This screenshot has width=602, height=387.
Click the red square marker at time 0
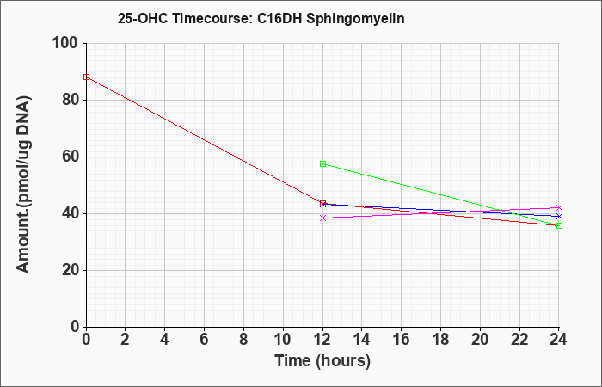pos(86,77)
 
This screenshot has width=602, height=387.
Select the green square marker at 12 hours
pos(322,164)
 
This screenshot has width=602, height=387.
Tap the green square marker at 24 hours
pos(559,225)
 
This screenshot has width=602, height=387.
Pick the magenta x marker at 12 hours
pos(322,218)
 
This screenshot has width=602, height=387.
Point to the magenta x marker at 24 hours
pos(559,207)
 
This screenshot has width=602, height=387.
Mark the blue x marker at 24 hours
pos(559,216)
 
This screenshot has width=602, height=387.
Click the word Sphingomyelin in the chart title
pos(355,19)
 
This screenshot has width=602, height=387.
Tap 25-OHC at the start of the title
pos(143,18)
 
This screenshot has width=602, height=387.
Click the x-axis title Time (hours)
pos(322,361)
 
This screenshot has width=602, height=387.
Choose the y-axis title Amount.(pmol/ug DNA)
pos(23,185)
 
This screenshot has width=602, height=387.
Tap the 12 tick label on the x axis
pos(322,340)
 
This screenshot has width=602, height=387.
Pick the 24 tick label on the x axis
pos(559,340)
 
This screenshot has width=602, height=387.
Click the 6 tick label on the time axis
pos(205,340)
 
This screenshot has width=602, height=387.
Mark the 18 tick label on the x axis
pos(440,340)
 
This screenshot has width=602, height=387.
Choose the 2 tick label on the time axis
pos(126,340)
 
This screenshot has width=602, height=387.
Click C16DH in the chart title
pos(279,18)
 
